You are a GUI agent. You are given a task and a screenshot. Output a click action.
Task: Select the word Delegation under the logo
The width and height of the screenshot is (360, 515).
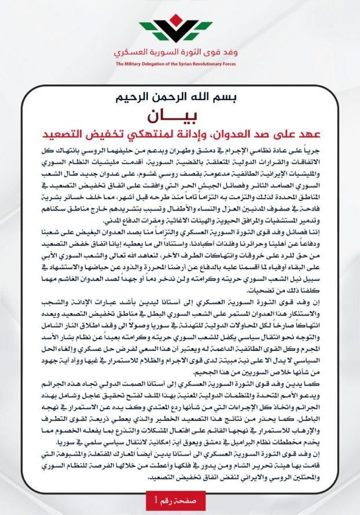click(x=158, y=63)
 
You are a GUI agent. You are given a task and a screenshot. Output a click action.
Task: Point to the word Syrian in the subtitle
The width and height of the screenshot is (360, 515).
click(x=194, y=63)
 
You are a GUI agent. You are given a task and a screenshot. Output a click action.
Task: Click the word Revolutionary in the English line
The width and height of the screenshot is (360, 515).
click(x=219, y=63)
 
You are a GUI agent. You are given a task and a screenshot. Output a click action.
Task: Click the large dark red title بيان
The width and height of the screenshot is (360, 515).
click(x=179, y=115)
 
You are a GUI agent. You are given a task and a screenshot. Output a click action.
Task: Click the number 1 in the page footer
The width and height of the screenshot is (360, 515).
click(x=155, y=498)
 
